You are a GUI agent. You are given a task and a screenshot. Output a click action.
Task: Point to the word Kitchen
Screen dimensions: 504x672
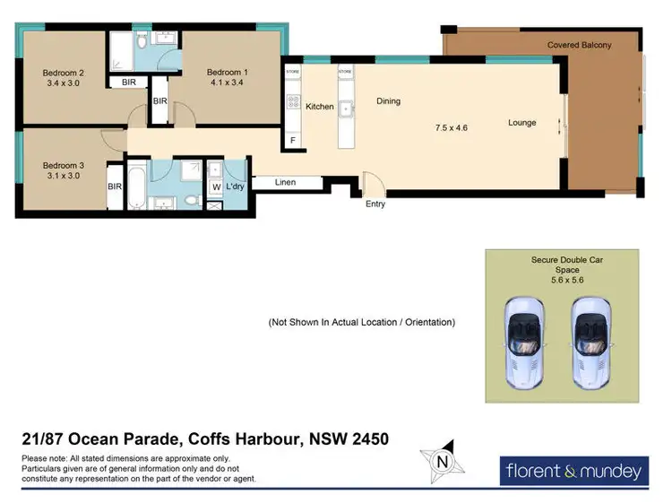(x=320, y=107)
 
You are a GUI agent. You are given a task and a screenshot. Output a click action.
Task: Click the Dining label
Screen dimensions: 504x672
(x=388, y=101)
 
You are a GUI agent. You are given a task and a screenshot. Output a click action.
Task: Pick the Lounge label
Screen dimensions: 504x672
(x=521, y=122)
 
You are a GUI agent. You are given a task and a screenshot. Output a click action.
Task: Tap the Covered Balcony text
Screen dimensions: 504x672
(x=580, y=45)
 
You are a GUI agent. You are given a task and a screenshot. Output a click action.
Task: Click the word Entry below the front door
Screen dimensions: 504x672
(x=375, y=204)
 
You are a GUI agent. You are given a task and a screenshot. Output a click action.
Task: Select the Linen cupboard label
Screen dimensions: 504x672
(x=285, y=183)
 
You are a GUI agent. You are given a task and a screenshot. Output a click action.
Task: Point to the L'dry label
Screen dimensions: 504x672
(x=236, y=187)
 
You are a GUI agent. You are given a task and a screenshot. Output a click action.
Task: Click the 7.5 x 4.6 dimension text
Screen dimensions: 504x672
(x=452, y=127)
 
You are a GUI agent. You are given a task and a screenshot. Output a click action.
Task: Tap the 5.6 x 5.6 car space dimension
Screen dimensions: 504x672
(x=566, y=280)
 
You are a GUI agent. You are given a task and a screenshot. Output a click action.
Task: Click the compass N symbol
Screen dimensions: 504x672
(x=441, y=462)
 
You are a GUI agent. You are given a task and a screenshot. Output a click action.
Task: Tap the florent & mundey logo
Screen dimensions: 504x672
(x=573, y=471)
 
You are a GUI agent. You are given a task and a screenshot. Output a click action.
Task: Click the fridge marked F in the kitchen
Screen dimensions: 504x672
(x=292, y=141)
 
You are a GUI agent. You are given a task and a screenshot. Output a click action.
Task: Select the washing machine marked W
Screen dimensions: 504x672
(x=215, y=187)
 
